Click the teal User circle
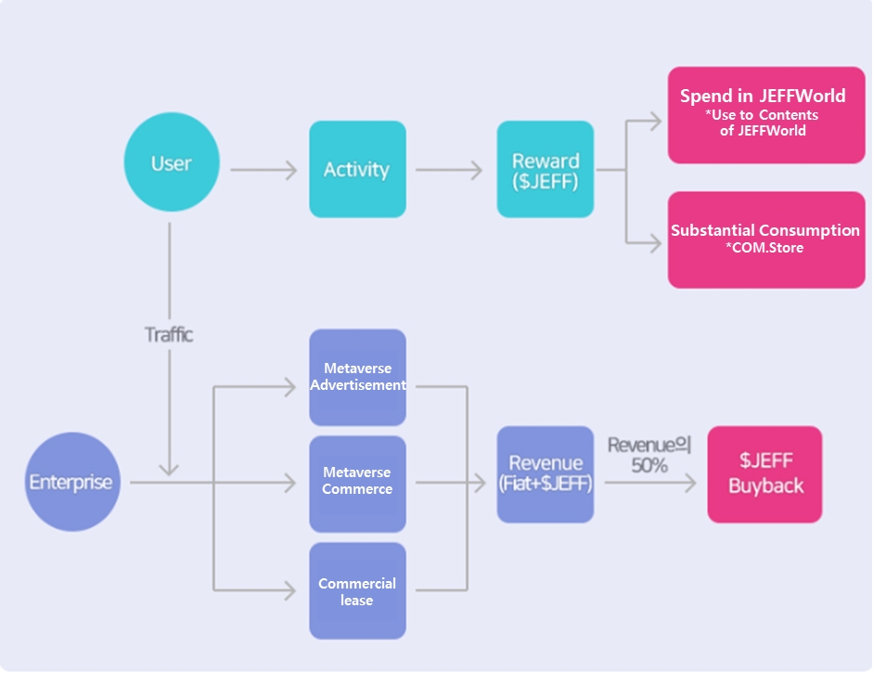[171, 162]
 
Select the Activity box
[357, 169]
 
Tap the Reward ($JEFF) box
[546, 169]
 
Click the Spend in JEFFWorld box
[766, 114]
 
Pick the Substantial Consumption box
[766, 239]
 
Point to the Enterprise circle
[72, 482]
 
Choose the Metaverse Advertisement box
[357, 377]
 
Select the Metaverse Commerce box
[357, 483]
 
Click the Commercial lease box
[357, 591]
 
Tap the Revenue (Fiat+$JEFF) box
[546, 473]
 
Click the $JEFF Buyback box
[764, 473]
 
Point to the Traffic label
[169, 335]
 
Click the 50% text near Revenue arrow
[649, 465]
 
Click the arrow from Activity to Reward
[449, 170]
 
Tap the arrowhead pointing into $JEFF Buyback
[690, 483]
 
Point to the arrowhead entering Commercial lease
[290, 589]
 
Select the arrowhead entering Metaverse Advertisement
[290, 386]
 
